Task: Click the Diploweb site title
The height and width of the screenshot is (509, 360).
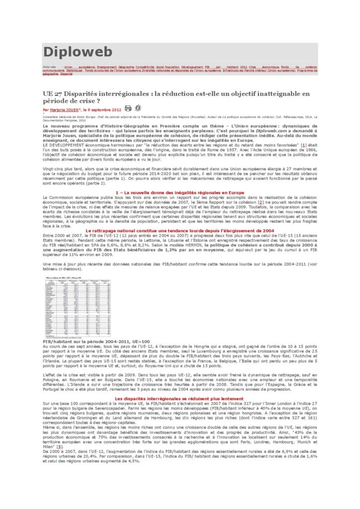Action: click(x=78, y=52)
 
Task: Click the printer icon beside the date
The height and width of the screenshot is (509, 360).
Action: click(x=128, y=108)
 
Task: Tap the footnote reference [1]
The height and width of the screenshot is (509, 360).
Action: click(x=297, y=144)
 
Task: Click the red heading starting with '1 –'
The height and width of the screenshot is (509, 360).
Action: click(x=179, y=192)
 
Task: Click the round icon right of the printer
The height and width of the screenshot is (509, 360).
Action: click(x=138, y=108)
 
